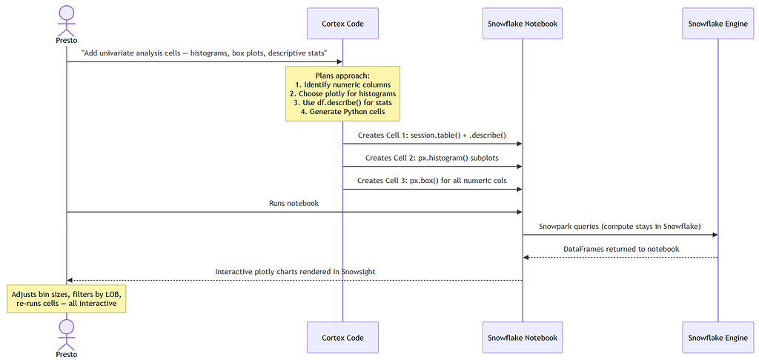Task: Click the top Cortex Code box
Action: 342,23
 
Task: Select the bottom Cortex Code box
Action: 342,337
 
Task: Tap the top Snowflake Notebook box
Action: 523,23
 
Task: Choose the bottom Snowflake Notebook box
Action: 523,337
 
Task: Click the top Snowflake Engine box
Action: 717,23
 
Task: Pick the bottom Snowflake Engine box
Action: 717,337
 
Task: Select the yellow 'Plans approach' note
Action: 342,93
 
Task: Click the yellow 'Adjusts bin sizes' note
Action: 67,299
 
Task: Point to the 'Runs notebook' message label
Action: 294,203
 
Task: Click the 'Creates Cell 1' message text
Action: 432,135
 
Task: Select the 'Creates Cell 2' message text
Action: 432,158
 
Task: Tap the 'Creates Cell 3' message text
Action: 432,181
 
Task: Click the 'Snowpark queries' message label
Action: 620,226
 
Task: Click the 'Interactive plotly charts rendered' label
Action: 295,271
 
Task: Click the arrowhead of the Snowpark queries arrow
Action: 715,235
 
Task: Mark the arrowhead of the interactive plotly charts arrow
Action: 70,280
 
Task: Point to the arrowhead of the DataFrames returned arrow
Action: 526,258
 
